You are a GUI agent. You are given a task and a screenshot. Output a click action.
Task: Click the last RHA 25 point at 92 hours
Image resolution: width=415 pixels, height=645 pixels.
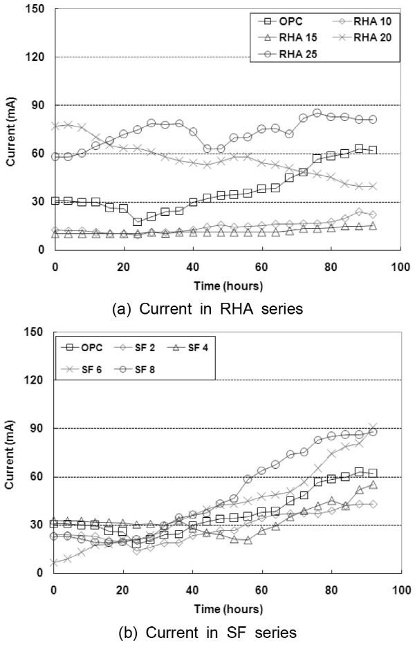coord(372,120)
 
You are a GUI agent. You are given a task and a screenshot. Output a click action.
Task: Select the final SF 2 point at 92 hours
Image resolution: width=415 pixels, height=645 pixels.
coord(372,504)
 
